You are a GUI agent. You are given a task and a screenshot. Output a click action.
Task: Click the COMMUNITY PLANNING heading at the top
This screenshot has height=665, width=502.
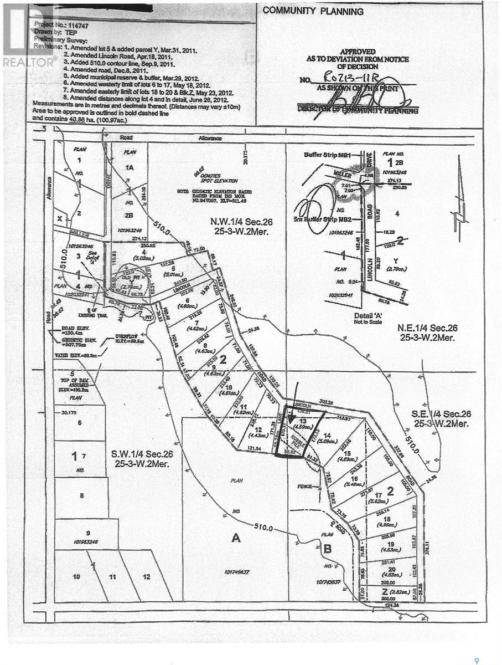313,11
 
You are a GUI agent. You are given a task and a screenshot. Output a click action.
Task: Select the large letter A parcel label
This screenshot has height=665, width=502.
236,536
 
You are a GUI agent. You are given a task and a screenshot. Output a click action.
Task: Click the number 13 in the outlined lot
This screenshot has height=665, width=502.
302,421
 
